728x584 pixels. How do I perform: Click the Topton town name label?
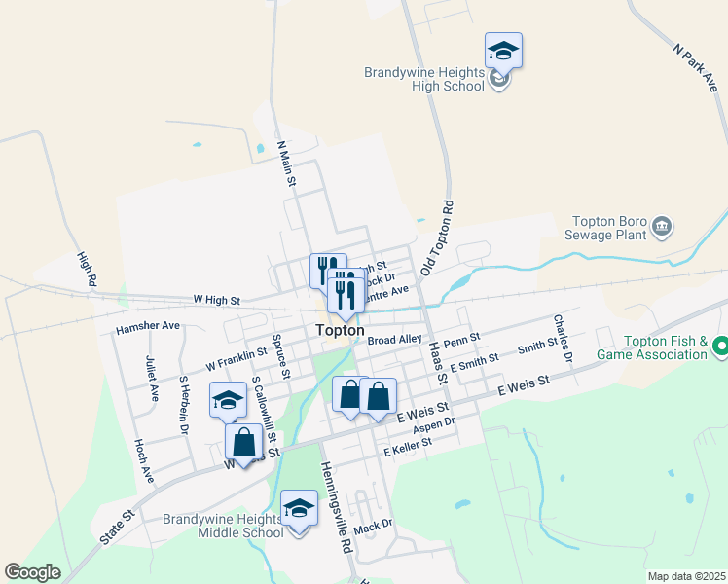point(341,331)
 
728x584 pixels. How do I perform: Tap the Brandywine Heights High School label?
point(424,79)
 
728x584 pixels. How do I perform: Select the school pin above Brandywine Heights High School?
point(503,51)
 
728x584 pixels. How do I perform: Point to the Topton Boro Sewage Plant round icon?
point(662,227)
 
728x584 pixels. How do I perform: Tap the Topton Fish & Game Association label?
point(665,347)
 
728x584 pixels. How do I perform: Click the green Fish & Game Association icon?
point(721,346)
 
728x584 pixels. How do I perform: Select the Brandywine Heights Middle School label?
point(224,526)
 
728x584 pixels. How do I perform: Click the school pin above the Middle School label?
point(299,508)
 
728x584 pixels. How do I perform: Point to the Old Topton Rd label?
point(438,237)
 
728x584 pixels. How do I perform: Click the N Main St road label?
point(287,164)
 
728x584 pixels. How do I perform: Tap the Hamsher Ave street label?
point(148,327)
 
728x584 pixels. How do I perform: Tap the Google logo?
point(33,572)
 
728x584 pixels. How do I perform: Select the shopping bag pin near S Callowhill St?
point(243,443)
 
